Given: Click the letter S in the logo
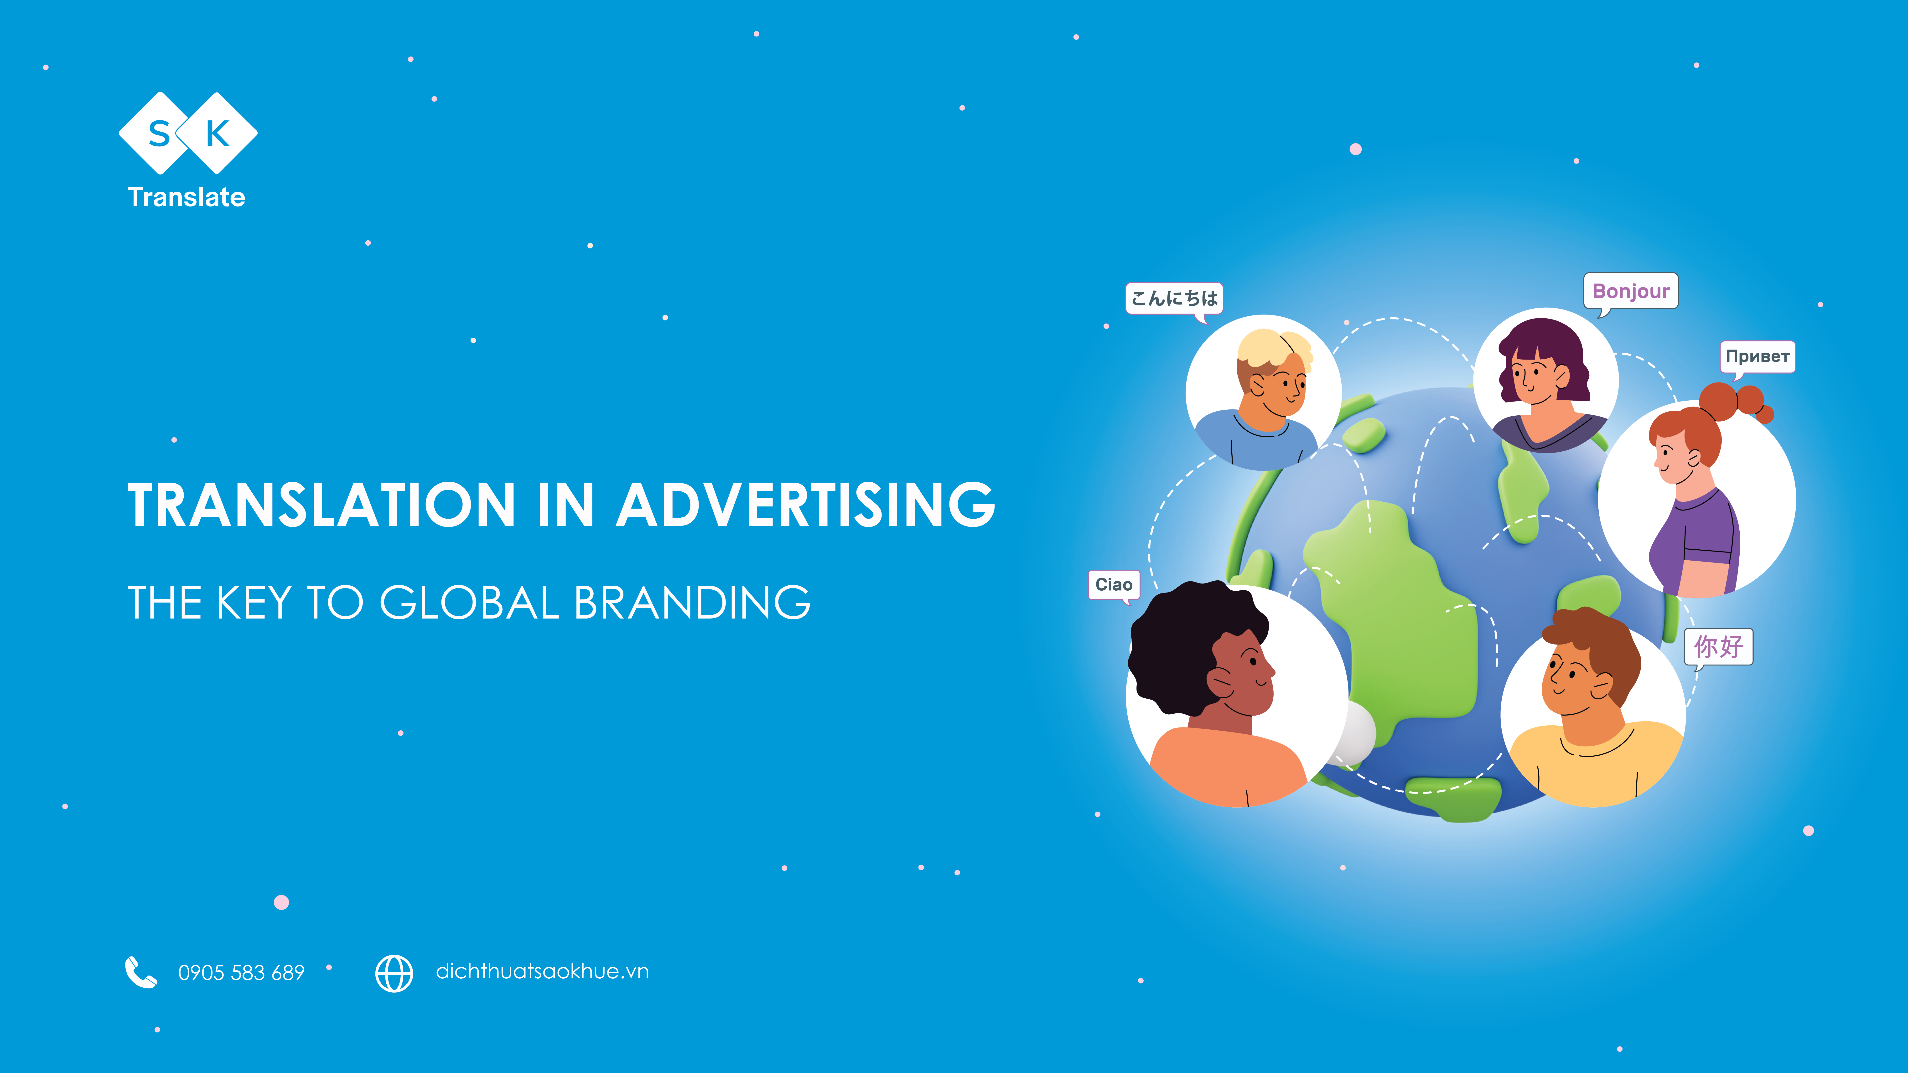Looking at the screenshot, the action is (159, 134).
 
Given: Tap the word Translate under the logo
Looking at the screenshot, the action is (187, 197).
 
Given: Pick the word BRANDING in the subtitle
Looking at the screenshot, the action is (693, 602).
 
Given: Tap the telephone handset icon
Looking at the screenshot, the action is (141, 972).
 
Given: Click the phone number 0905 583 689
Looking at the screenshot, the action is (241, 972).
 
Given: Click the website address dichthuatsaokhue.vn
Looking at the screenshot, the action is (542, 971).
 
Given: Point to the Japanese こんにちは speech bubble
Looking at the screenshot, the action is (1174, 299).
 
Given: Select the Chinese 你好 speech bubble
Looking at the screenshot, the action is (1718, 646).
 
